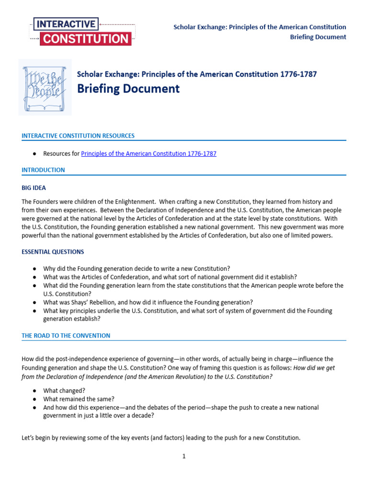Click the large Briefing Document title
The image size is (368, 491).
pos(128,89)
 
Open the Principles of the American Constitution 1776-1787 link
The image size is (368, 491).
pos(149,154)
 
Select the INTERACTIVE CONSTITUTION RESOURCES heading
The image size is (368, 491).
pos(78,136)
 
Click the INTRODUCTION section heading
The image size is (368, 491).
pos(43,170)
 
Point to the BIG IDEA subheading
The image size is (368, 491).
pos(34,188)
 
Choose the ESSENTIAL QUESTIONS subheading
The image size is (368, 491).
pos(53,252)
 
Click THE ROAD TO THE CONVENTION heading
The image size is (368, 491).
pos(66,336)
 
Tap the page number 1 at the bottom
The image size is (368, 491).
pos(184,456)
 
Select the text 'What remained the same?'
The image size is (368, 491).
pos(79,399)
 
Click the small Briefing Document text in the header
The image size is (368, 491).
pos(318,37)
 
